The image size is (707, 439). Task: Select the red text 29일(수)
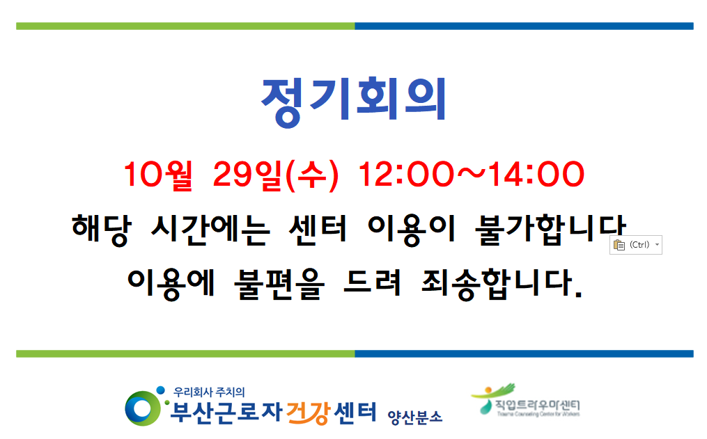tap(274, 175)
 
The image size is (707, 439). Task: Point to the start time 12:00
tap(401, 175)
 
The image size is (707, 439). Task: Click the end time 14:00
tap(538, 175)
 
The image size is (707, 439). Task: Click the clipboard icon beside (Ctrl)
tap(619, 245)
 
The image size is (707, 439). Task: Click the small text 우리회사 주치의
tap(209, 392)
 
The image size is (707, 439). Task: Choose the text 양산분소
tap(414, 416)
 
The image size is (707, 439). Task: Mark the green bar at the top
tap(185, 26)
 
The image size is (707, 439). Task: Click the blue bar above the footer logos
tap(524, 353)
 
